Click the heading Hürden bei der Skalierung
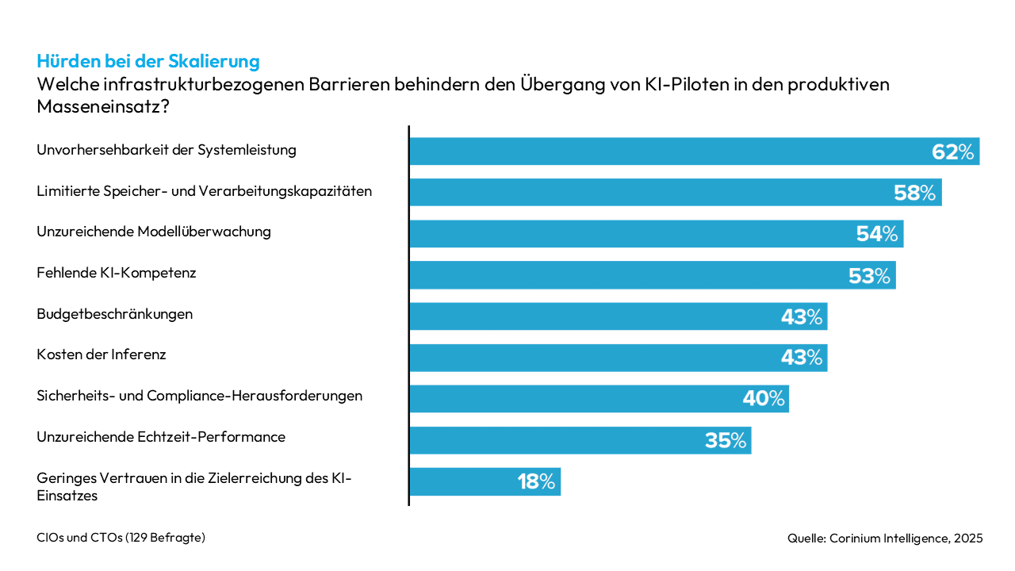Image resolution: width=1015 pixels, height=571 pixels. pos(148,61)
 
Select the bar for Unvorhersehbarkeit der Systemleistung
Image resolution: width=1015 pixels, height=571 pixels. pos(666,151)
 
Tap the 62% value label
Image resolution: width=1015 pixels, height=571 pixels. pos(952,151)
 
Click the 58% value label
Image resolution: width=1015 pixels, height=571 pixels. pos(914,193)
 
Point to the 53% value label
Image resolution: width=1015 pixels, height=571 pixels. pos(868,275)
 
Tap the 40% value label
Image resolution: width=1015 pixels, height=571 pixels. pos(764,399)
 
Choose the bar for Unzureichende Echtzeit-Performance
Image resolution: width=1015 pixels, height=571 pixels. pos(555,440)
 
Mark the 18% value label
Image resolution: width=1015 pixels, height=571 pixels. pos(536,481)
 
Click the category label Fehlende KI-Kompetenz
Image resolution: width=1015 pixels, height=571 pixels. pos(117,273)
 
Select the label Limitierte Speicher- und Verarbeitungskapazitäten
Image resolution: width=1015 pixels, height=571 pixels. pos(204,191)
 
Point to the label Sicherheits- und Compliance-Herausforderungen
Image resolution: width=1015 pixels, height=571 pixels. pos(200,396)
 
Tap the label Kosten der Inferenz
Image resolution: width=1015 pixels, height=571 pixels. pos(101,354)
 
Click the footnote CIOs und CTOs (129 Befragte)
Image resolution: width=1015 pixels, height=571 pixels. pos(121,538)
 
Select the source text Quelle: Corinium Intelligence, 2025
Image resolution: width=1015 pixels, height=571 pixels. pos(885,538)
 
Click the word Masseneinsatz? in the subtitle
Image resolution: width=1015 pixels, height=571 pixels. pos(103,106)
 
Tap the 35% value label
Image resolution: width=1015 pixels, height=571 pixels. pos(726,440)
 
